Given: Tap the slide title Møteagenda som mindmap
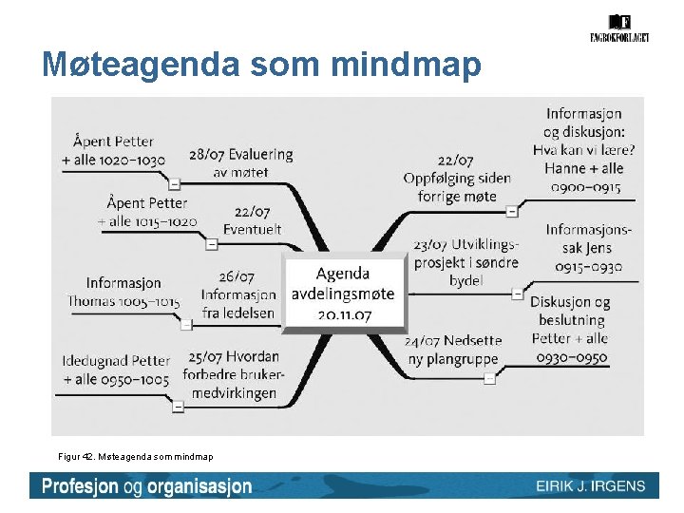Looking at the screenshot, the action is pos(262,65).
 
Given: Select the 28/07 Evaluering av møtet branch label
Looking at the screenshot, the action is pos(240,162).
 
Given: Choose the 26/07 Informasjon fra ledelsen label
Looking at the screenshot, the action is pos(238,294).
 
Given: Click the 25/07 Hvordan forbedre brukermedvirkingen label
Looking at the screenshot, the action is pos(234,374).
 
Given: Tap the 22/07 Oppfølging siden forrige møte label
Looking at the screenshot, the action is pos(457,179).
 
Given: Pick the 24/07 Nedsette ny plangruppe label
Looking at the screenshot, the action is pos(453,350).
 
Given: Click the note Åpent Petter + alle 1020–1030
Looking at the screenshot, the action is pos(113,152).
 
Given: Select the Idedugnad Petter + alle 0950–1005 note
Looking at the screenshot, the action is pos(116,370).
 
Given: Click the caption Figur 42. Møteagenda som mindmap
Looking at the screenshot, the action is pos(136,457).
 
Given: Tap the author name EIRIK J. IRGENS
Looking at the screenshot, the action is pos(590,486).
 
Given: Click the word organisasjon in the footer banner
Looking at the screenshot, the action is pos(196,486).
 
